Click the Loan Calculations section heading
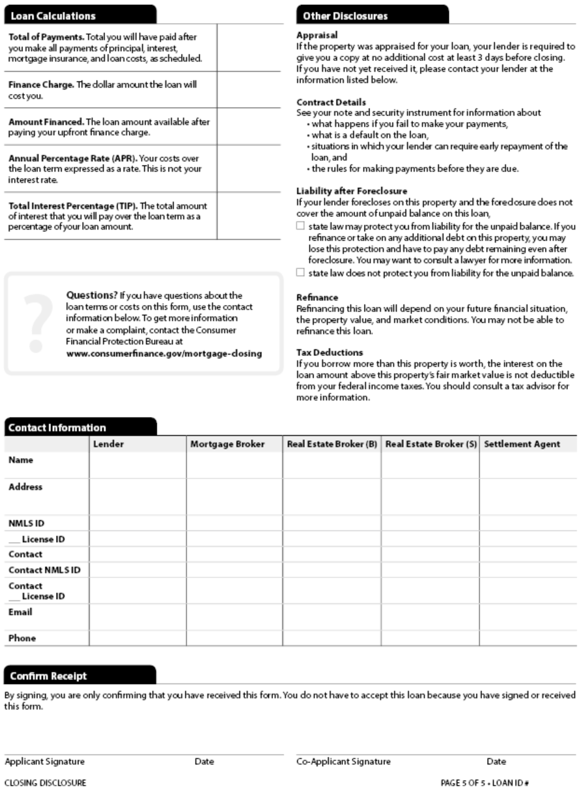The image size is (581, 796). (x=53, y=16)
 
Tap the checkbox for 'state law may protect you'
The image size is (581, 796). (x=301, y=226)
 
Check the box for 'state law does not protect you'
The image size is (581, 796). (x=301, y=273)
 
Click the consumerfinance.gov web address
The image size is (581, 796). (x=164, y=354)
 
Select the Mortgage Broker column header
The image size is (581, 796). (x=227, y=444)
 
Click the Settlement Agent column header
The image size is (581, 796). (x=522, y=444)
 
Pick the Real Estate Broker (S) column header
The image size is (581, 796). (x=431, y=444)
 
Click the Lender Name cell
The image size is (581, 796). (x=137, y=464)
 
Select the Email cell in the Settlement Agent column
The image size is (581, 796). (x=528, y=617)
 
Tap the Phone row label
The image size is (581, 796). (x=22, y=638)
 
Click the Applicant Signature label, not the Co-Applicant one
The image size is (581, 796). (x=44, y=761)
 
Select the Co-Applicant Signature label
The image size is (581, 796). (x=344, y=761)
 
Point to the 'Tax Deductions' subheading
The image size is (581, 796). (x=330, y=353)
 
